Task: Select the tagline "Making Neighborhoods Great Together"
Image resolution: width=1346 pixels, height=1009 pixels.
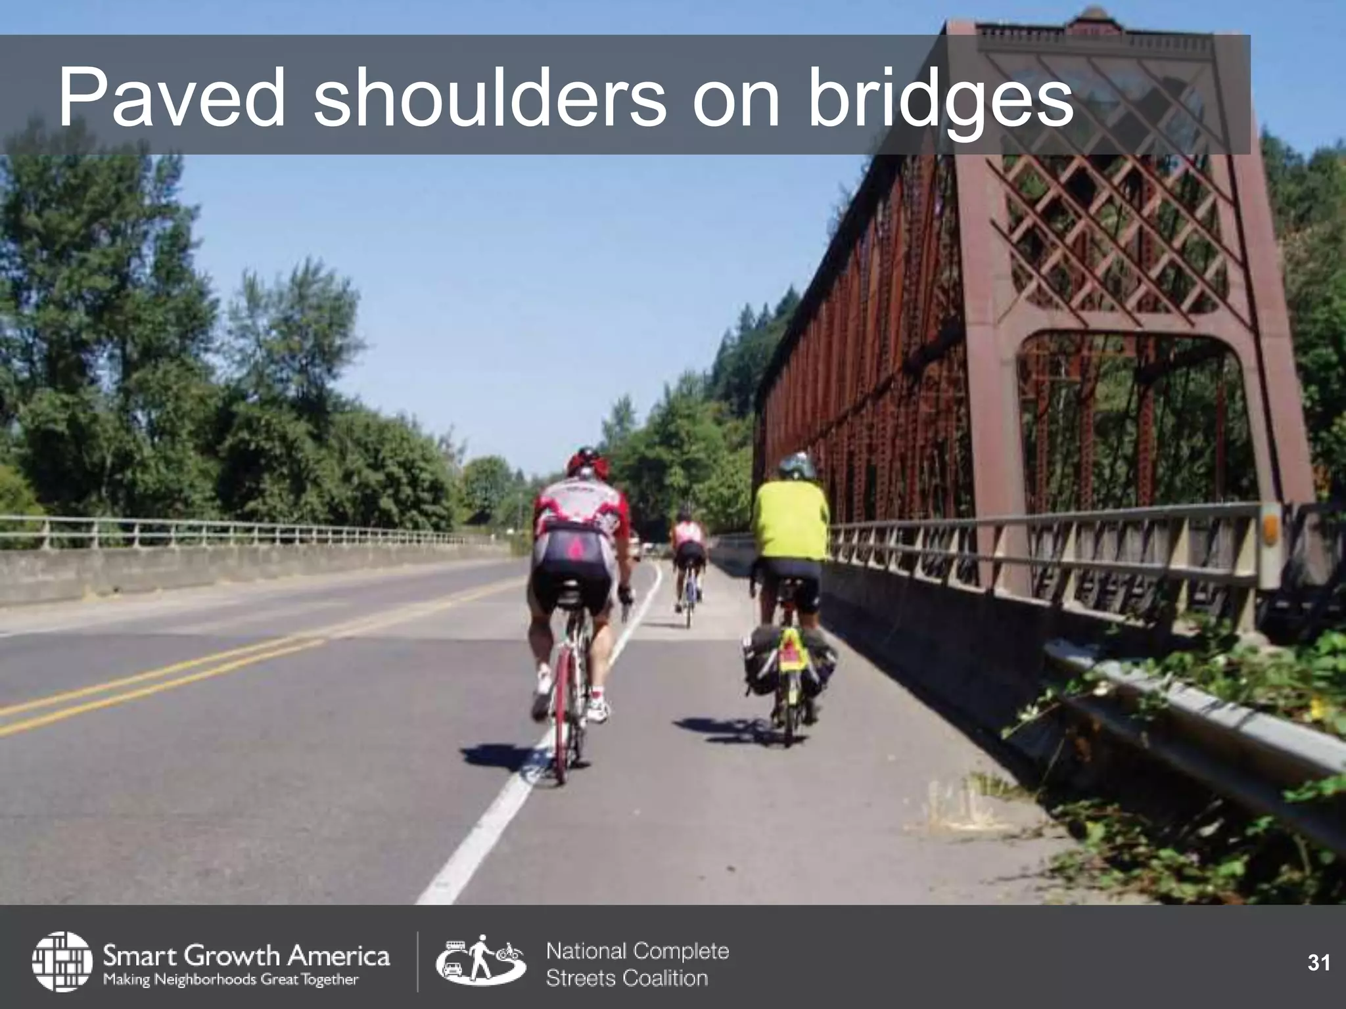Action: [230, 980]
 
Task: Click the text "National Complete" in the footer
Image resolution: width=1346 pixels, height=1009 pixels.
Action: [638, 951]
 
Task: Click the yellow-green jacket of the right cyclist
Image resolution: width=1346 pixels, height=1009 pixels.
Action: [791, 522]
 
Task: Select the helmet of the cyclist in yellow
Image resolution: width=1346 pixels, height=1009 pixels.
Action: [797, 466]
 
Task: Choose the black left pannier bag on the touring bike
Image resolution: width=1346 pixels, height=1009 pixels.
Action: [760, 660]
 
